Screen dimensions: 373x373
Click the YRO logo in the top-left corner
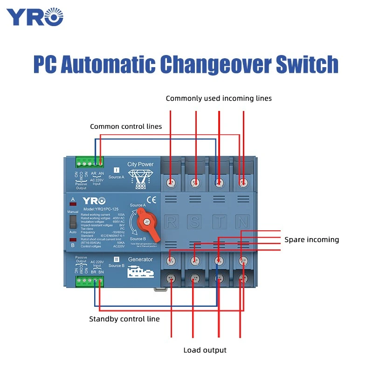pos(35,17)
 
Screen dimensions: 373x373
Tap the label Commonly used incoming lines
pos(218,98)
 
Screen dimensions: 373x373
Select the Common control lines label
pos(126,126)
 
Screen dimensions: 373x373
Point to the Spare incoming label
pos(311,240)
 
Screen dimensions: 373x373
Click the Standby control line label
pos(124,319)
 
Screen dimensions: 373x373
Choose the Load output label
pos(205,350)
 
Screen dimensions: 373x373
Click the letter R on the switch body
pos(172,221)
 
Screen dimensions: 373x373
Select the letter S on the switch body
pos(195,221)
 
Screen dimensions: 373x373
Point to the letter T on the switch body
pos(218,221)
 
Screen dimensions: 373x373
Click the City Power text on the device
pos(140,164)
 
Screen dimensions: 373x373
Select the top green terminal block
pos(90,163)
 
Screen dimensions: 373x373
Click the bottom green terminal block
pos(90,281)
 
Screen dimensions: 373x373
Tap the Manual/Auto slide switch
pos(72,221)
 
